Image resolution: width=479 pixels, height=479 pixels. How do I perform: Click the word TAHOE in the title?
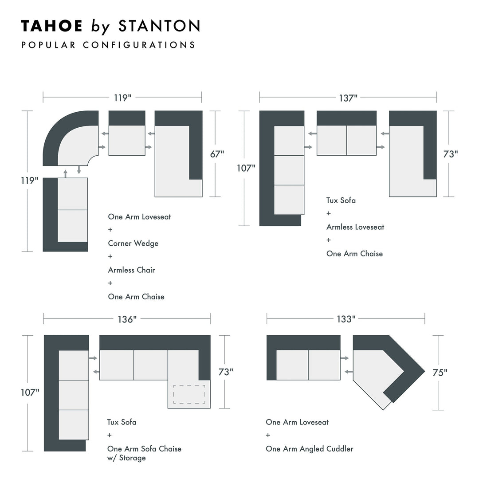coord(52,26)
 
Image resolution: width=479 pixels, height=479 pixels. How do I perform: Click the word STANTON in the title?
coord(159,26)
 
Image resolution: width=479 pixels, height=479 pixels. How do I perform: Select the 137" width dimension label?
coord(348,98)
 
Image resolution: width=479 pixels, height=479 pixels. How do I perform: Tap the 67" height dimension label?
coord(217,154)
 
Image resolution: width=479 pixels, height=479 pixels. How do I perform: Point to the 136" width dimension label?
coord(127,319)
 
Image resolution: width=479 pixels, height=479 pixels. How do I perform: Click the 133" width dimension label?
coord(346,319)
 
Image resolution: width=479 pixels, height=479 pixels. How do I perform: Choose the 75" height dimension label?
coord(440,373)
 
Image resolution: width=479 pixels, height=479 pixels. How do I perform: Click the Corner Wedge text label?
coord(133,243)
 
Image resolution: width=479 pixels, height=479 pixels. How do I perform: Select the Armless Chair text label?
coord(131,270)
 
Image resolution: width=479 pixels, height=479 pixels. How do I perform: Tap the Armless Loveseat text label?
coord(355,227)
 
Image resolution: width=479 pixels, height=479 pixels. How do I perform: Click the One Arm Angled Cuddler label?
coord(310,449)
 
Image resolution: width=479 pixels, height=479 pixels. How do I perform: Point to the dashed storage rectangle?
coord(189,394)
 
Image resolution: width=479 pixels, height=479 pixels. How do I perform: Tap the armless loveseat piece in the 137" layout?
coord(346,135)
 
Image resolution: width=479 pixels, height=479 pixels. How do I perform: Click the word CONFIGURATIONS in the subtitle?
coord(139,45)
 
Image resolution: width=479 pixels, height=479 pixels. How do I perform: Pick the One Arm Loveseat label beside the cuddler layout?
coord(297,422)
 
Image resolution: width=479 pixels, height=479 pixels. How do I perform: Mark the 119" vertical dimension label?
coord(31,181)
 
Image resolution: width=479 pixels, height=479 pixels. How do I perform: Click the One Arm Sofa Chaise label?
coord(144,449)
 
